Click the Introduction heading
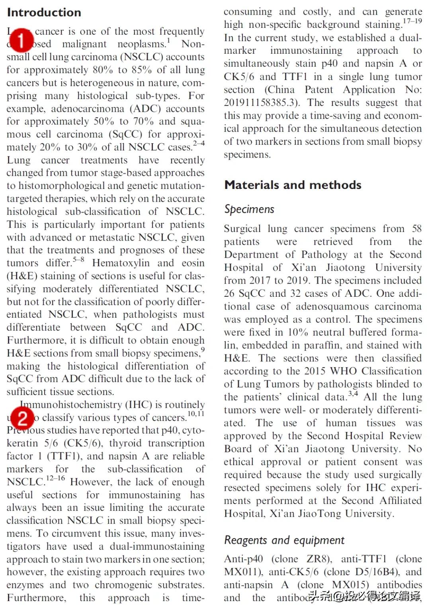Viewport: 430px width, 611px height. coord(44,12)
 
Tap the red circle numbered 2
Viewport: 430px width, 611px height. coord(22,418)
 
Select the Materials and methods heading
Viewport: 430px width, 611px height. coord(293,185)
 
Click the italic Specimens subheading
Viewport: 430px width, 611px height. coord(249,209)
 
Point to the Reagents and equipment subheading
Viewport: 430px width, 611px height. coord(284,540)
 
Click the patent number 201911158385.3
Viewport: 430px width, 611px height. coord(261,103)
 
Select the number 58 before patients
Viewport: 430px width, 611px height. coord(416,229)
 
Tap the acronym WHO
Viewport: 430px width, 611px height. coord(346,371)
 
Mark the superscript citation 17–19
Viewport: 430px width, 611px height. coord(412,21)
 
